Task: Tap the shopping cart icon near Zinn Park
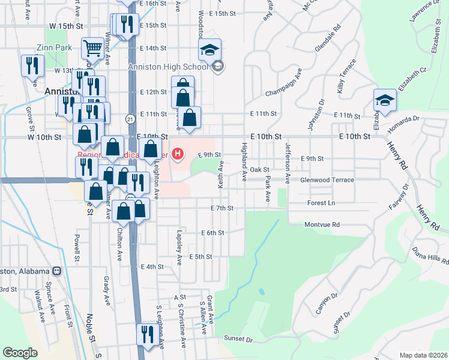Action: point(92,47)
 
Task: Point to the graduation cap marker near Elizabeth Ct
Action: point(384,100)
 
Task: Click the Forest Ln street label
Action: point(321,203)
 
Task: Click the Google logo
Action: point(20,353)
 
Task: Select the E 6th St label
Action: point(212,233)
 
